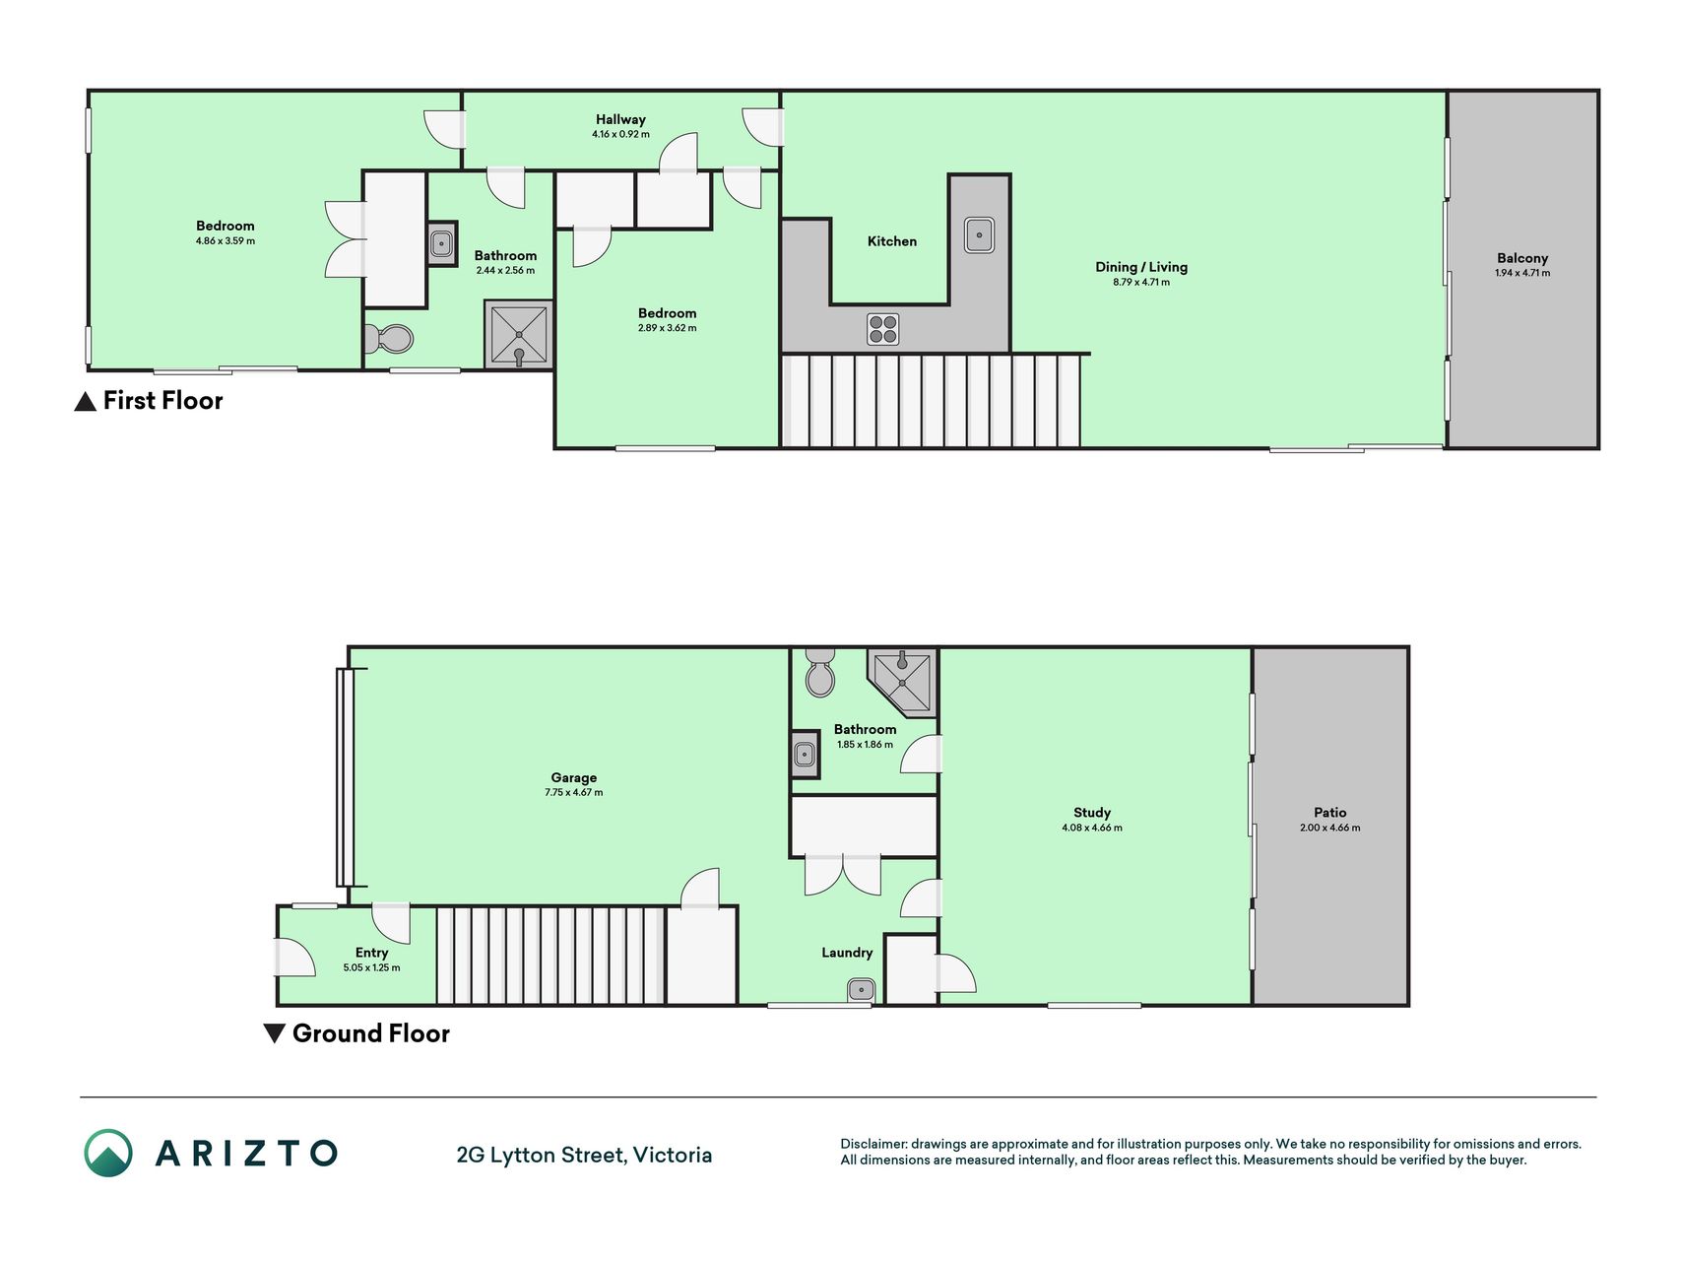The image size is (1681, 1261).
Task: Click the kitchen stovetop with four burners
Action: click(883, 328)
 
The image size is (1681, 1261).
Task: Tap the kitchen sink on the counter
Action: click(979, 234)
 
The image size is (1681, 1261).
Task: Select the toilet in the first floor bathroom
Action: click(388, 340)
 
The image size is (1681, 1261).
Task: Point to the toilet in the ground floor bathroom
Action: click(820, 672)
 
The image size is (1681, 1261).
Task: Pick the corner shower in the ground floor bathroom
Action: click(902, 681)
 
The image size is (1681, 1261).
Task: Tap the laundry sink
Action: click(861, 989)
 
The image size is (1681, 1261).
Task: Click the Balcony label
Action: click(1522, 258)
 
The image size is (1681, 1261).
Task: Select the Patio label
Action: click(1329, 813)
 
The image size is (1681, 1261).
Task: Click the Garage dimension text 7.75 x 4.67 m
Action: click(574, 792)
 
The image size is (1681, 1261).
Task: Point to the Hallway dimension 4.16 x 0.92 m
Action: click(620, 134)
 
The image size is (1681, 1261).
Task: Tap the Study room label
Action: click(1092, 813)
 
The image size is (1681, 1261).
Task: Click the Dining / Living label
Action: click(1141, 267)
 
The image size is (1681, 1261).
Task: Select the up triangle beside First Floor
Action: click(86, 401)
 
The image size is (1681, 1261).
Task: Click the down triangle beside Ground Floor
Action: click(275, 1033)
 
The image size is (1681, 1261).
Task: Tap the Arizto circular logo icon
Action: click(108, 1153)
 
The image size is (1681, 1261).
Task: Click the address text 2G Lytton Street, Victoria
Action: click(584, 1155)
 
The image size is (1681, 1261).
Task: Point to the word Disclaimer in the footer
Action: click(873, 1144)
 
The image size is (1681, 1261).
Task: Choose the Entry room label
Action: click(371, 953)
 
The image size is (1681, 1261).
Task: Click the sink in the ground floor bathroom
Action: click(805, 756)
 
